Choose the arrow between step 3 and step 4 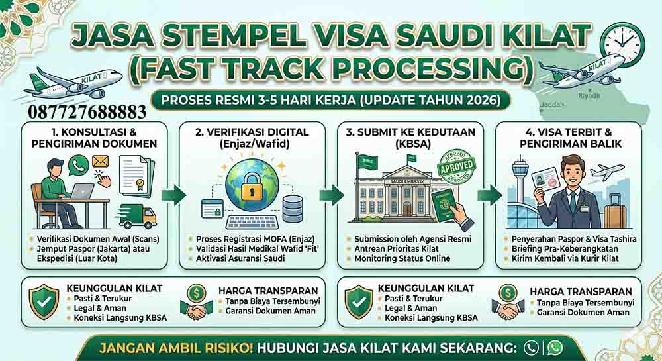pos(490,195)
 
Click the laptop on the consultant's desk pos(82,191)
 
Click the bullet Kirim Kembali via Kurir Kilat pos(565,258)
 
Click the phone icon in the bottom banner pos(531,347)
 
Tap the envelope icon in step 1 pos(100,161)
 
